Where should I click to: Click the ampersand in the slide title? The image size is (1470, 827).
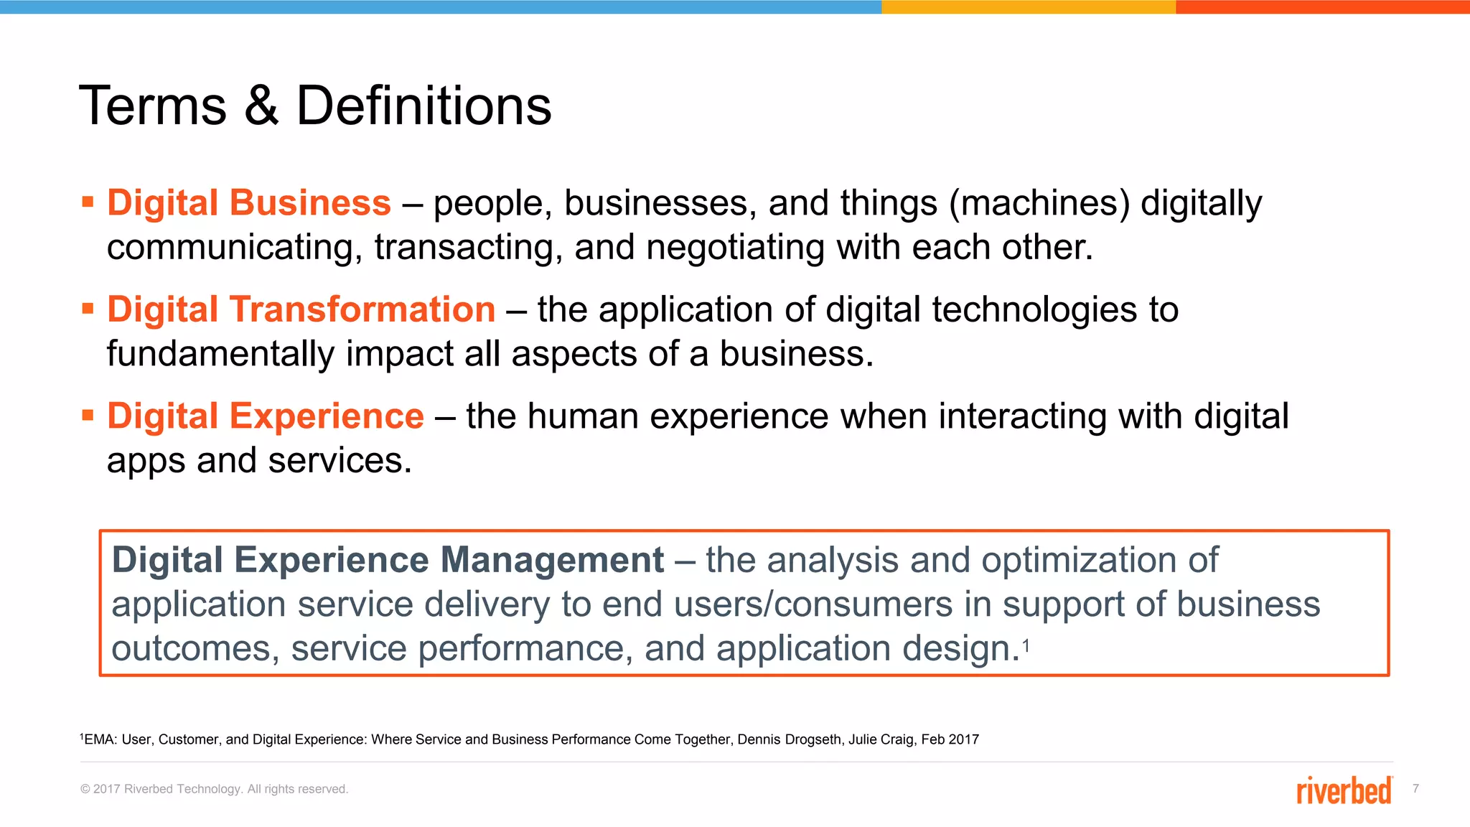(x=261, y=106)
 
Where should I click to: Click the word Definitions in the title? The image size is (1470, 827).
(x=423, y=106)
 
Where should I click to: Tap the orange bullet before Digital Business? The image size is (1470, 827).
(x=88, y=202)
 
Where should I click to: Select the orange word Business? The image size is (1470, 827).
(x=310, y=202)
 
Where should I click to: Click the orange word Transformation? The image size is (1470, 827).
(x=362, y=309)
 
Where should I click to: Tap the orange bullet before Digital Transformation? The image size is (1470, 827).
(x=88, y=309)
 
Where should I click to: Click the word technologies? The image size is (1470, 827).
(x=1034, y=310)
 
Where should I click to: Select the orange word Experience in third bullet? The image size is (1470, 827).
(x=327, y=416)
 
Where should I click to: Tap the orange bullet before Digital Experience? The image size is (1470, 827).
(x=88, y=416)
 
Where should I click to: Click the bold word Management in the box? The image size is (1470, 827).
(x=552, y=560)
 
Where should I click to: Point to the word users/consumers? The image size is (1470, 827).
(x=777, y=604)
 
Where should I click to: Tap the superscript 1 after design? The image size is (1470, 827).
(x=1026, y=646)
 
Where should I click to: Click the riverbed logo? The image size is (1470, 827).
(x=1344, y=790)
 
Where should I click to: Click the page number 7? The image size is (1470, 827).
(x=1415, y=788)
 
